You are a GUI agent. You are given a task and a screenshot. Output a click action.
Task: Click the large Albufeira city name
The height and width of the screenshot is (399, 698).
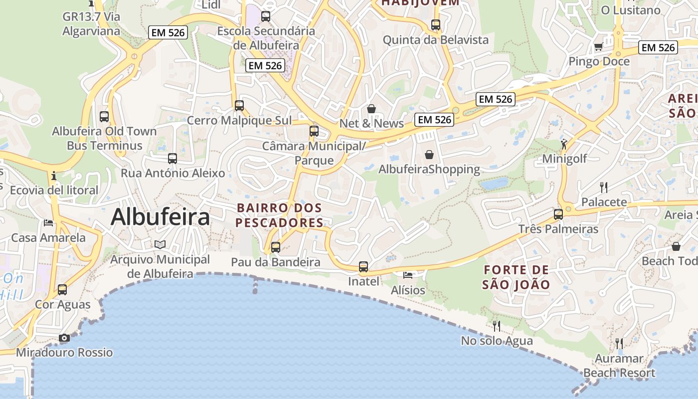(160, 217)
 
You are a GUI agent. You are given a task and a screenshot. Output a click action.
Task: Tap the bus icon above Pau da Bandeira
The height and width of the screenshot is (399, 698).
(275, 247)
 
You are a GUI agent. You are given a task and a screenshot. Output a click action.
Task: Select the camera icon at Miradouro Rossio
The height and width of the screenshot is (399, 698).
(64, 338)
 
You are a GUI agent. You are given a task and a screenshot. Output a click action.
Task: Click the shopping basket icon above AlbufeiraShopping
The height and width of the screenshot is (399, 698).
(429, 155)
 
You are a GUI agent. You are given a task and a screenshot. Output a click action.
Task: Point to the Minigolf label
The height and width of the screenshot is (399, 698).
(564, 159)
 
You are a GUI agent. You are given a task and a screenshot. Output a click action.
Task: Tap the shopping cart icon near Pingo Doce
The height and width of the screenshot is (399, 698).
(598, 47)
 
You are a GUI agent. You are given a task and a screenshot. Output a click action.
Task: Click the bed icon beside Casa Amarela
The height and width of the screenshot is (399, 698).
(48, 222)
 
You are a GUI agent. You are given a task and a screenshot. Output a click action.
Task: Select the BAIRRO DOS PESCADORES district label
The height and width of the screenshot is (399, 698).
(279, 215)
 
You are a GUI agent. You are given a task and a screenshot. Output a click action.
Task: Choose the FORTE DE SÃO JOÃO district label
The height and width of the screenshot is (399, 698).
(516, 277)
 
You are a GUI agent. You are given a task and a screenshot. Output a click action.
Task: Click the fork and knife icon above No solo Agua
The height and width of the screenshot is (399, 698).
(497, 326)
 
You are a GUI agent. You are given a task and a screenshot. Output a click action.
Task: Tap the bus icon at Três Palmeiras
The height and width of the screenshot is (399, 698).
(558, 214)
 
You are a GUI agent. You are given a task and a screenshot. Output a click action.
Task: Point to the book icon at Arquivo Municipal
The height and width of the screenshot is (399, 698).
(160, 244)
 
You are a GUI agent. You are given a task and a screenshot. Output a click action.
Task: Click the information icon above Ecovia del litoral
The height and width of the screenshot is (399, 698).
(54, 176)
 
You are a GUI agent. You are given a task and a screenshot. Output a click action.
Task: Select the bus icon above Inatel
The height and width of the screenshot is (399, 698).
(363, 267)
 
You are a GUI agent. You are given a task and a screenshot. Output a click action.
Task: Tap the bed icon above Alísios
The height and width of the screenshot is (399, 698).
(408, 275)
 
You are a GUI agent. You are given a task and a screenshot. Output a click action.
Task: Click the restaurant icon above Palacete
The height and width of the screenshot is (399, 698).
(604, 188)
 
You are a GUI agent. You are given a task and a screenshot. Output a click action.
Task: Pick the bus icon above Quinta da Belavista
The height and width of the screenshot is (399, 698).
(436, 24)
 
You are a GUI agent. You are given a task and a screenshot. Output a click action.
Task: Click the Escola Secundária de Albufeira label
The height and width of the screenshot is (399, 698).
(266, 38)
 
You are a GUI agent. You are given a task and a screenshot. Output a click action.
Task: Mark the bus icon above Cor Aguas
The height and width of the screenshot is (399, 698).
(62, 289)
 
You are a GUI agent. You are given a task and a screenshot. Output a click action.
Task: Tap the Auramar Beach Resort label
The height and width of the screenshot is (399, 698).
(619, 366)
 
